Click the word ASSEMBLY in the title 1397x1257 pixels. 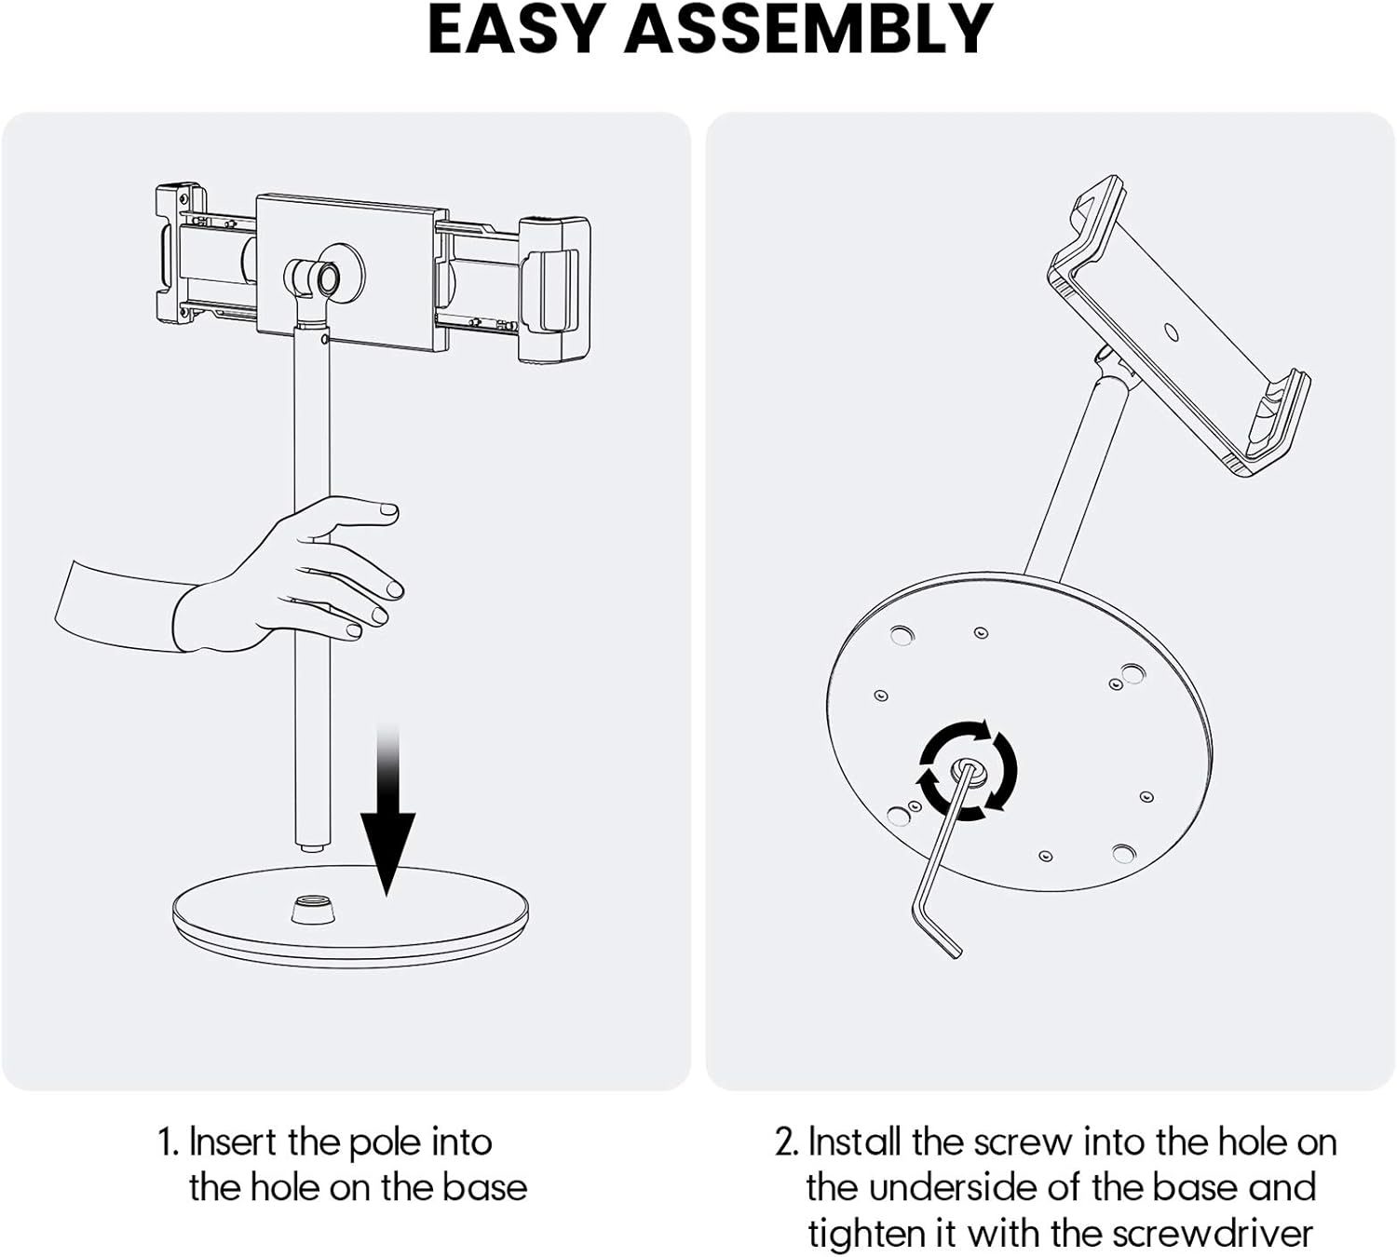pos(807,30)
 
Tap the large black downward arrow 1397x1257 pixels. pos(387,819)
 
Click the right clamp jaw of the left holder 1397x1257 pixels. pos(553,289)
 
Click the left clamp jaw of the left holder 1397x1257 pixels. pos(180,251)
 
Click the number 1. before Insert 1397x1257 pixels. pos(168,1142)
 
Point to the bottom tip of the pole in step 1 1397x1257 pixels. pos(311,845)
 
